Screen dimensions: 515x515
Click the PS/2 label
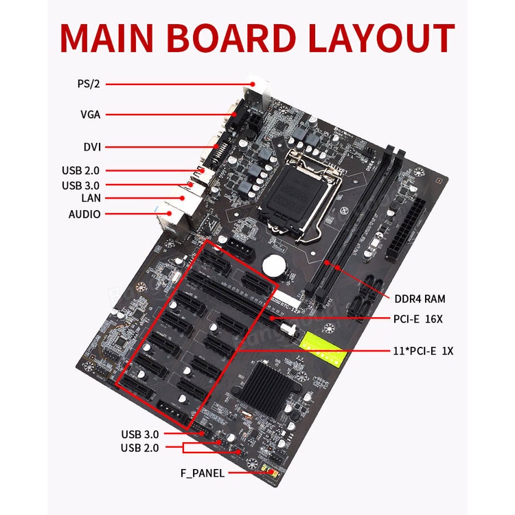[x=89, y=84]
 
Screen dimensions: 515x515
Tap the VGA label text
[x=90, y=115]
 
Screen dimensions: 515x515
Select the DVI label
[x=91, y=147]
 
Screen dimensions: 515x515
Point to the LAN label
[x=90, y=198]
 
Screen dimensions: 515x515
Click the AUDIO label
[x=84, y=214]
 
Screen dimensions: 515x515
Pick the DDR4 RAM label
[x=420, y=299]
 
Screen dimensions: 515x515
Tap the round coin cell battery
[x=275, y=263]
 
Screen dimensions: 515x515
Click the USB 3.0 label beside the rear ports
[x=81, y=185]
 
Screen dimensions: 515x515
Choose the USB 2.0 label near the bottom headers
[x=140, y=448]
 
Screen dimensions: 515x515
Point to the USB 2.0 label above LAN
[x=81, y=170]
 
